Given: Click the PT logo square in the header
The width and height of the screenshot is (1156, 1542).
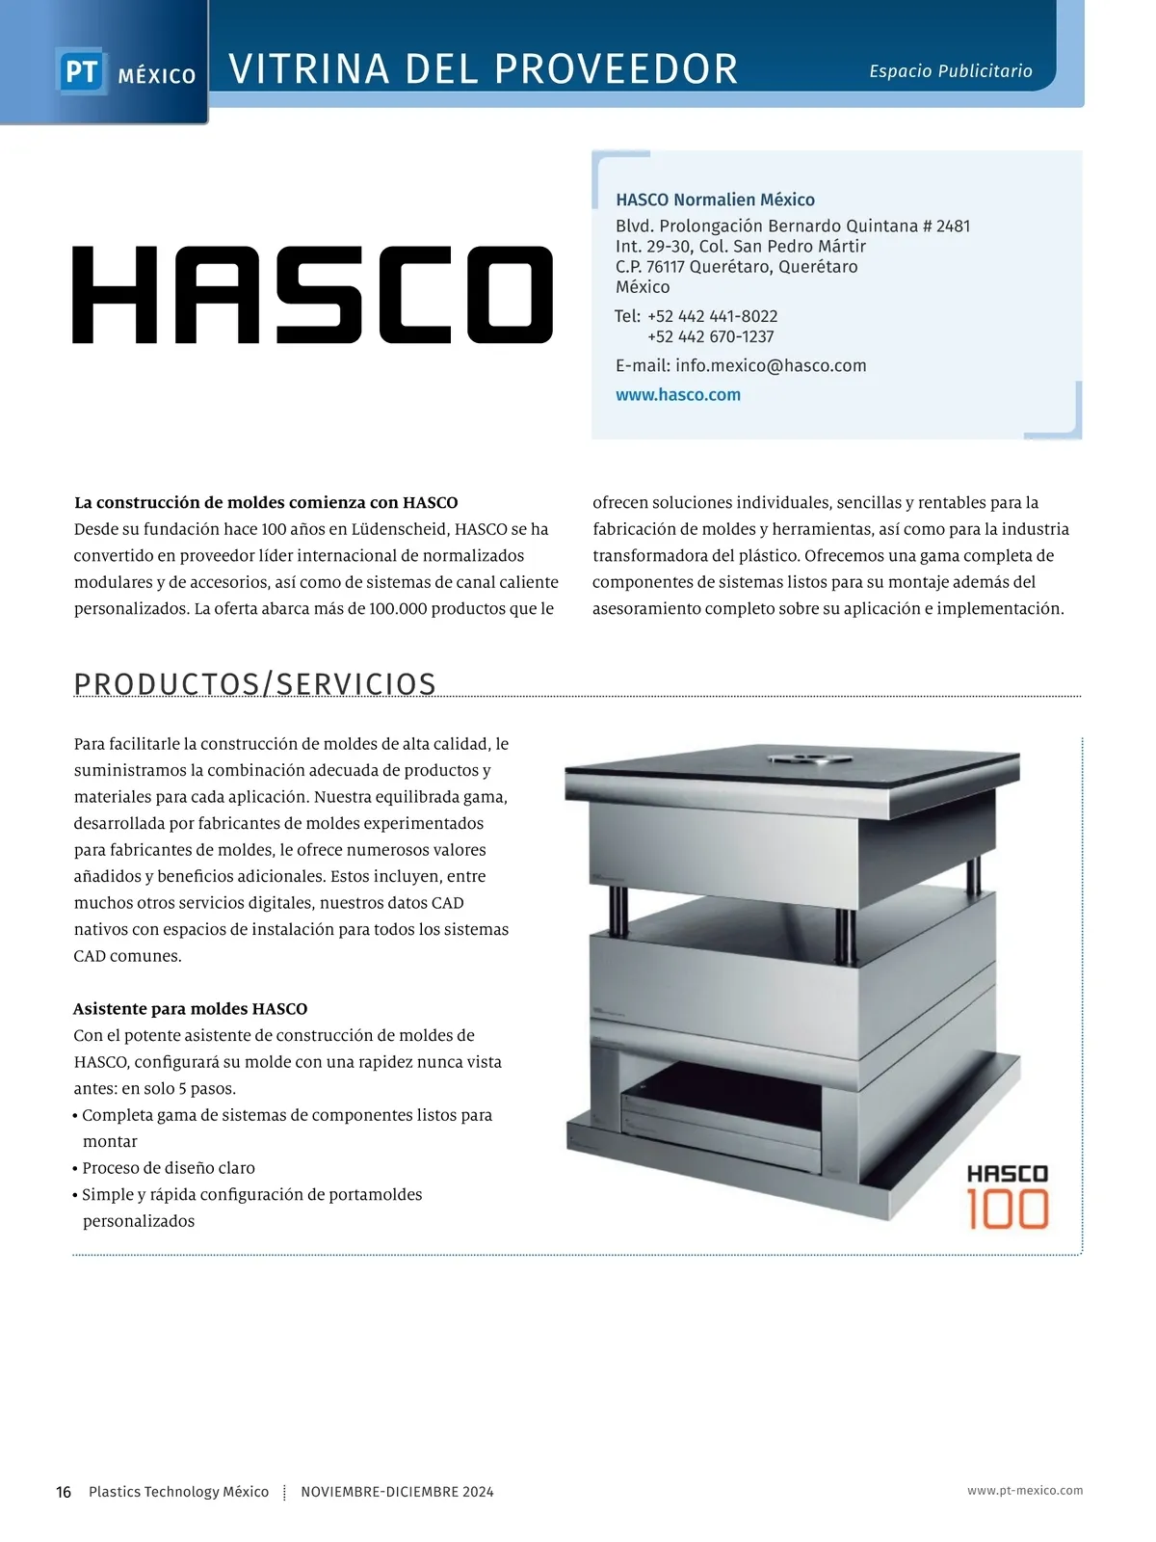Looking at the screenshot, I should pyautogui.click(x=81, y=72).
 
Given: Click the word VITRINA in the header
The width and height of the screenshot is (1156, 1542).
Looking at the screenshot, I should pyautogui.click(x=309, y=69).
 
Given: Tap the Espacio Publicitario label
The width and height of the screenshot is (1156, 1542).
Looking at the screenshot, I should pyautogui.click(x=950, y=71).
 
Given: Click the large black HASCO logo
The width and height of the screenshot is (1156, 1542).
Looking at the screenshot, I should pyautogui.click(x=312, y=295).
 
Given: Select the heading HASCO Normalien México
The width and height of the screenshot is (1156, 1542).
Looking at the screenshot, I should pyautogui.click(x=715, y=199).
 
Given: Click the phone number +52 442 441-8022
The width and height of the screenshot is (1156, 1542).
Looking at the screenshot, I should pyautogui.click(x=712, y=316).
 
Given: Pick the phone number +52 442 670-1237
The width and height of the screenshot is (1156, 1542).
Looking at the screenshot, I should pyautogui.click(x=710, y=336).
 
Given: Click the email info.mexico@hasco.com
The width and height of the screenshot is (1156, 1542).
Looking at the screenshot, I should pyautogui.click(x=771, y=365).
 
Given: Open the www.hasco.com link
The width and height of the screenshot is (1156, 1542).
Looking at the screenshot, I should pyautogui.click(x=678, y=394).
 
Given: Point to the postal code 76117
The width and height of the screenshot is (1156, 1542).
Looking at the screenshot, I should pyautogui.click(x=665, y=267).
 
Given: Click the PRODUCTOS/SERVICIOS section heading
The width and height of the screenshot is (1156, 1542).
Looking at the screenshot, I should pyautogui.click(x=255, y=683).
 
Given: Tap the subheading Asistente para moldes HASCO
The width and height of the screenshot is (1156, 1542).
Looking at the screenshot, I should pyautogui.click(x=191, y=1009).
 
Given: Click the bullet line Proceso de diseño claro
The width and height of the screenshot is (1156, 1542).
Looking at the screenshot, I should pyautogui.click(x=169, y=1168).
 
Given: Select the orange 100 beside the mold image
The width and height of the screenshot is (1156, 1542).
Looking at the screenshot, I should pyautogui.click(x=1008, y=1210).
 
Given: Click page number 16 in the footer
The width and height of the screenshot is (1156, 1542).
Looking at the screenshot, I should pyautogui.click(x=64, y=1492).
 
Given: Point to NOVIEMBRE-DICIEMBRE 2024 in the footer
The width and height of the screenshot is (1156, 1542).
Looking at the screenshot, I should pyautogui.click(x=397, y=1492).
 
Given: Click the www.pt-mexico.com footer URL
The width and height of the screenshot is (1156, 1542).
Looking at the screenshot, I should pyautogui.click(x=1025, y=1491).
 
